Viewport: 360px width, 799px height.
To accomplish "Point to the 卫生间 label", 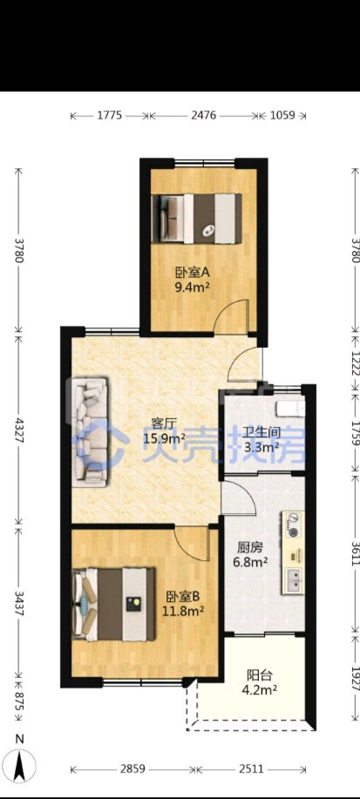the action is [x=262, y=433].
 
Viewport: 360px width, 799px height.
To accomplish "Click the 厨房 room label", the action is [x=250, y=548].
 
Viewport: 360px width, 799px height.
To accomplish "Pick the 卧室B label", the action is [x=181, y=595].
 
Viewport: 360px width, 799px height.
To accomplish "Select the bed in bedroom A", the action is [x=196, y=219].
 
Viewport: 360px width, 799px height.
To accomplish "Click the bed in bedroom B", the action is [x=113, y=605].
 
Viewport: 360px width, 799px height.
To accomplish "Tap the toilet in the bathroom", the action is [x=289, y=409].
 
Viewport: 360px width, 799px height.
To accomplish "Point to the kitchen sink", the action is [x=293, y=580].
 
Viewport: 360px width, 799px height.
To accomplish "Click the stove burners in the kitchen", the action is [x=293, y=525].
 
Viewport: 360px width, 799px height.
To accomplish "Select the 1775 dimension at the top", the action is [x=110, y=115].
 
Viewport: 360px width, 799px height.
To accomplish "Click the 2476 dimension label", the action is [x=203, y=115].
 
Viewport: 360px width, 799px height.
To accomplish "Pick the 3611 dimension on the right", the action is [x=356, y=552].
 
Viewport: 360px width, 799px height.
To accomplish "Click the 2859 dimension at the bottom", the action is [x=132, y=769].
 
